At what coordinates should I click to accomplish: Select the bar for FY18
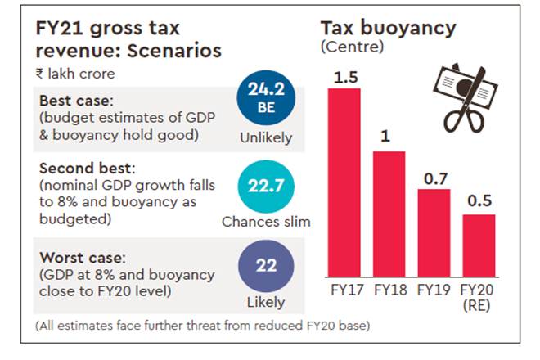coord(389,214)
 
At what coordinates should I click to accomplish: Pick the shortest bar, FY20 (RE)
coord(479,245)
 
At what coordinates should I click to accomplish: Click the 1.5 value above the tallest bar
coord(344,77)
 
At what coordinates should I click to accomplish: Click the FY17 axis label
coord(344,290)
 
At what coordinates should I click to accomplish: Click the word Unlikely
coord(265,137)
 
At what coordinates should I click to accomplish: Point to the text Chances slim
coord(265,221)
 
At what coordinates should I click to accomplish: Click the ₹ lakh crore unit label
coord(71,74)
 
